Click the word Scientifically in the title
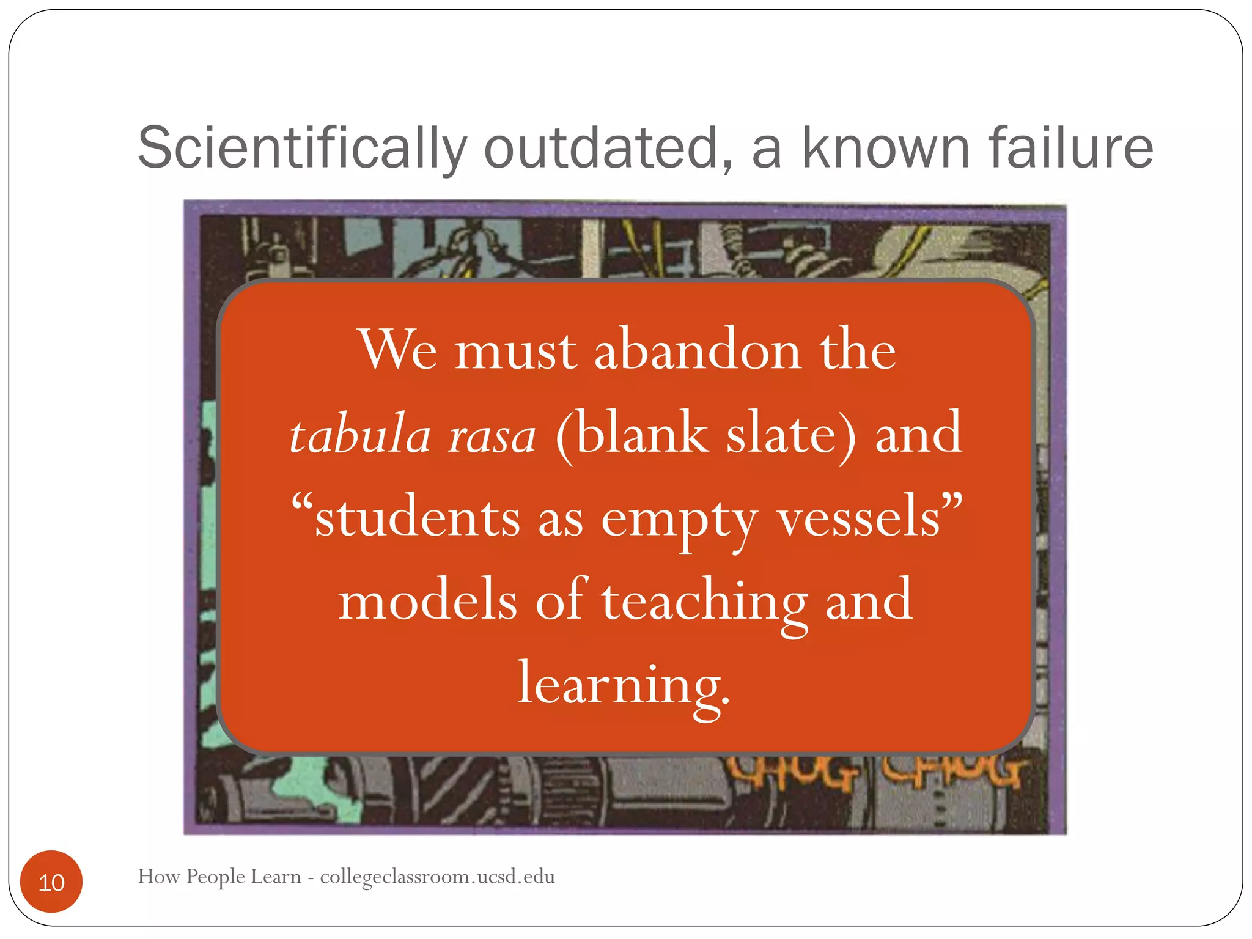(302, 148)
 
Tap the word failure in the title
(1070, 148)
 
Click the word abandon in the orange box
(698, 350)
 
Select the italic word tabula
(361, 435)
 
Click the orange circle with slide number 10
(51, 882)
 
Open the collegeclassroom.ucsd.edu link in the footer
(437, 877)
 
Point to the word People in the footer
(216, 877)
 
